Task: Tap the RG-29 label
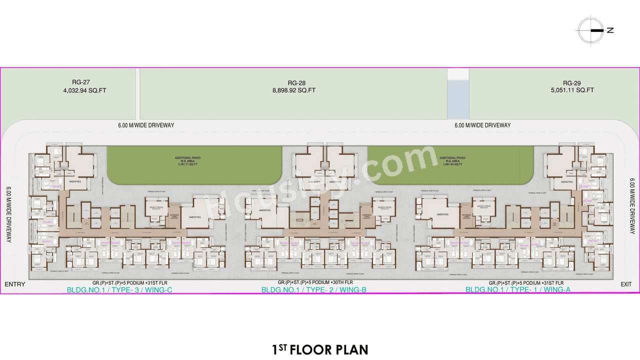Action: (x=571, y=83)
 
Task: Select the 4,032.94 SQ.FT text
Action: (x=84, y=90)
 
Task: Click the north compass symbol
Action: (x=590, y=30)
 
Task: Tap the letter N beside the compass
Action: (x=610, y=30)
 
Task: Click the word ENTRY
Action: (x=15, y=284)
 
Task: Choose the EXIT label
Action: (x=626, y=284)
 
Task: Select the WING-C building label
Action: (x=119, y=290)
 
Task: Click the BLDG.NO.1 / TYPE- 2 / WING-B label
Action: (x=314, y=290)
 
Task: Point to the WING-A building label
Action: (x=517, y=290)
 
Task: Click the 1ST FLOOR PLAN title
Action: (x=320, y=349)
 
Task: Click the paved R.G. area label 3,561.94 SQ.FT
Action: (x=452, y=164)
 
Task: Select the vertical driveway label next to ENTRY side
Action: (x=9, y=215)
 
